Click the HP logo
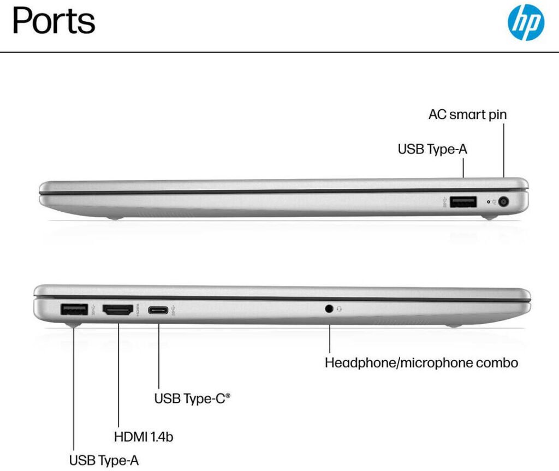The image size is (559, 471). pyautogui.click(x=526, y=22)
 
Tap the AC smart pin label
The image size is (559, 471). pyautogui.click(x=467, y=115)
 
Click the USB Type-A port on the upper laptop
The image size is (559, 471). pyautogui.click(x=463, y=202)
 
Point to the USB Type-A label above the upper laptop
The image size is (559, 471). pyautogui.click(x=432, y=149)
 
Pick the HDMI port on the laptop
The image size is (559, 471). pyautogui.click(x=118, y=311)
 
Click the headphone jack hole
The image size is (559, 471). pyautogui.click(x=329, y=309)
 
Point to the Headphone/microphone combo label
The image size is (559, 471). pyautogui.click(x=421, y=362)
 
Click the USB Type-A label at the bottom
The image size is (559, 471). pyautogui.click(x=104, y=460)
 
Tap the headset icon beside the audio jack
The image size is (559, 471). pyautogui.click(x=340, y=309)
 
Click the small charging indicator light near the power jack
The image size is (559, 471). pyautogui.click(x=488, y=202)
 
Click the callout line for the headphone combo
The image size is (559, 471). pyautogui.click(x=330, y=338)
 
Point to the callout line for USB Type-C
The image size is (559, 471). pyautogui.click(x=159, y=355)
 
